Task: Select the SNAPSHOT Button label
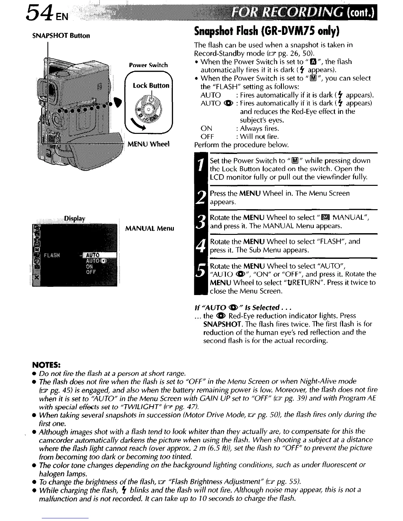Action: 61,36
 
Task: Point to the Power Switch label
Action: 148,65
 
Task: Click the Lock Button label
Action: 151,86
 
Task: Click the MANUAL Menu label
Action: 150,228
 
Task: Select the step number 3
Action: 200,222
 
